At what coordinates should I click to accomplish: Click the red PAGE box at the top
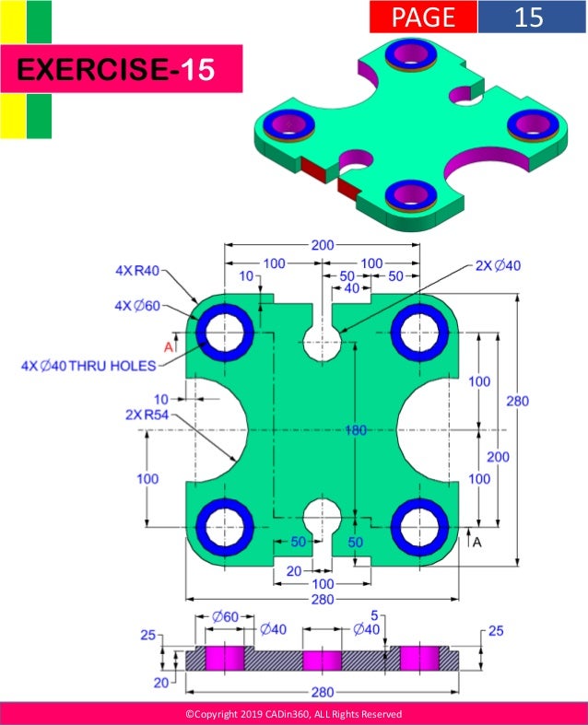(423, 17)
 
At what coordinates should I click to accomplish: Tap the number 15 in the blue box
(530, 17)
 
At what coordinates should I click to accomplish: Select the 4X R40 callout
(137, 270)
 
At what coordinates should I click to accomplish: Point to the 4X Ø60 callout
(137, 305)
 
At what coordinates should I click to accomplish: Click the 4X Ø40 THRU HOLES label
(88, 365)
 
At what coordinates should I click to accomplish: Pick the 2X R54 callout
(147, 415)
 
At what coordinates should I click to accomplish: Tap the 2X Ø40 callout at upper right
(498, 265)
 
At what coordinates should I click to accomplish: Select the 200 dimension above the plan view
(323, 245)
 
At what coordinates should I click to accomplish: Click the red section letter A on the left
(168, 346)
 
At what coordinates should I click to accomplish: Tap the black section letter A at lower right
(476, 543)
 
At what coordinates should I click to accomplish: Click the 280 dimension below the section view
(322, 690)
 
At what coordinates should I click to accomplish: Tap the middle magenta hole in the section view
(323, 660)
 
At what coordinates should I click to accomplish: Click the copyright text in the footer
(294, 714)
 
